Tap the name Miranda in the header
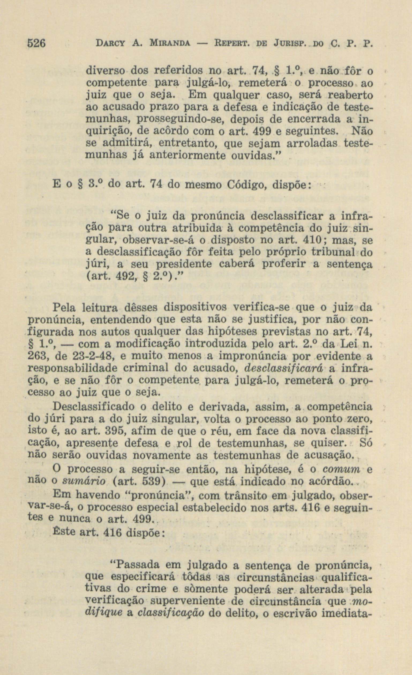(x=170, y=44)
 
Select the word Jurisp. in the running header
(x=292, y=44)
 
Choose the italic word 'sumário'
(x=82, y=482)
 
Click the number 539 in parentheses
(x=153, y=482)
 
